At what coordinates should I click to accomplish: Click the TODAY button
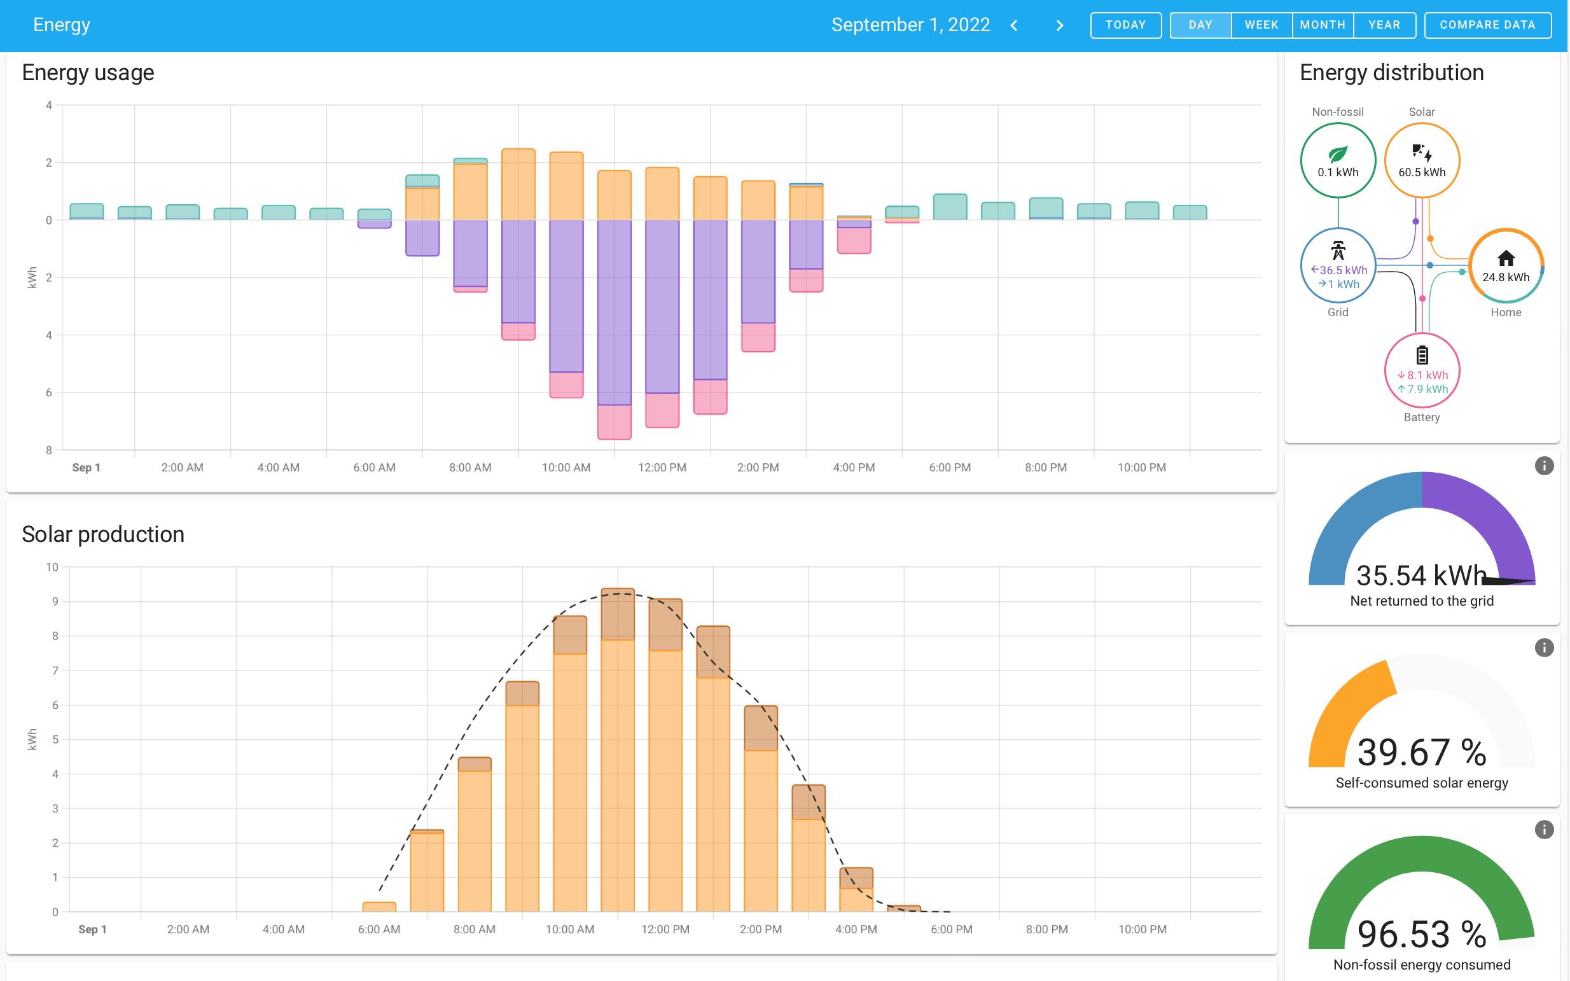click(x=1125, y=25)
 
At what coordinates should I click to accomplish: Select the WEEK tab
click(x=1261, y=25)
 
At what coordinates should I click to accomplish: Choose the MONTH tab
click(x=1322, y=25)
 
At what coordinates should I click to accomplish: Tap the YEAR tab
click(x=1384, y=25)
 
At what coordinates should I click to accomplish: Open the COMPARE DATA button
click(x=1487, y=25)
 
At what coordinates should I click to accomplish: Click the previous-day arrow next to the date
click(x=1014, y=25)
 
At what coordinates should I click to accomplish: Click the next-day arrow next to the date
click(x=1059, y=25)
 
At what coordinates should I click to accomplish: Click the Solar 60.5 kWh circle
click(x=1421, y=160)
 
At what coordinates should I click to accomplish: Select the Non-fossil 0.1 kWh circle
click(x=1338, y=160)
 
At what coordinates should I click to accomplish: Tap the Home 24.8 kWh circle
click(x=1505, y=265)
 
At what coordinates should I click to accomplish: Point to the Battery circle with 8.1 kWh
click(x=1421, y=370)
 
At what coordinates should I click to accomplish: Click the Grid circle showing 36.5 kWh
click(x=1338, y=265)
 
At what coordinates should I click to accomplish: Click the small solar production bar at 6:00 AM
click(x=379, y=907)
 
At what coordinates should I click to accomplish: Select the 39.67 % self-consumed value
click(x=1421, y=753)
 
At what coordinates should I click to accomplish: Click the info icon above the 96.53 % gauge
click(x=1543, y=829)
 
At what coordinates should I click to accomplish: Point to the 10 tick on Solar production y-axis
click(x=52, y=567)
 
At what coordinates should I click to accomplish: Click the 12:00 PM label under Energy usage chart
click(x=662, y=468)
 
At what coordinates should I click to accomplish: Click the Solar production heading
click(x=103, y=534)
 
